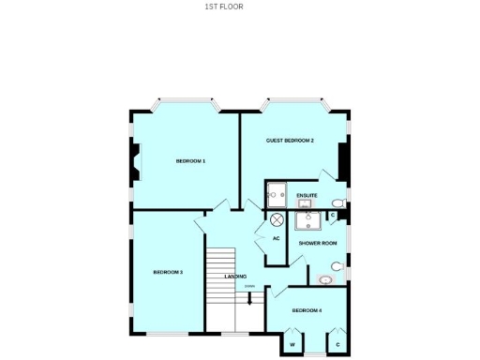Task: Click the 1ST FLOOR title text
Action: (224, 6)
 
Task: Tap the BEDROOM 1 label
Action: (190, 161)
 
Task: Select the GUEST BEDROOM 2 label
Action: (290, 141)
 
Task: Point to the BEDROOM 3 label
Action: (168, 272)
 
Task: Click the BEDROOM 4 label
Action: (307, 310)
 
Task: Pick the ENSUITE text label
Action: (307, 195)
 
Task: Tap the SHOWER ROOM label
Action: (318, 243)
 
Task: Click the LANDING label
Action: (235, 277)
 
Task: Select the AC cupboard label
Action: (277, 238)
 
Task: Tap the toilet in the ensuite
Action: (338, 203)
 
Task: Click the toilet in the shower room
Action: (338, 266)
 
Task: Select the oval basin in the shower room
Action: (325, 278)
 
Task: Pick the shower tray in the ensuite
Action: (277, 196)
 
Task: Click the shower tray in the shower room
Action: (306, 220)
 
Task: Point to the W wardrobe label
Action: (292, 345)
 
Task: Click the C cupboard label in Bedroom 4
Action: (337, 345)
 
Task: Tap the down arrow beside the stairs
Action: (249, 299)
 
